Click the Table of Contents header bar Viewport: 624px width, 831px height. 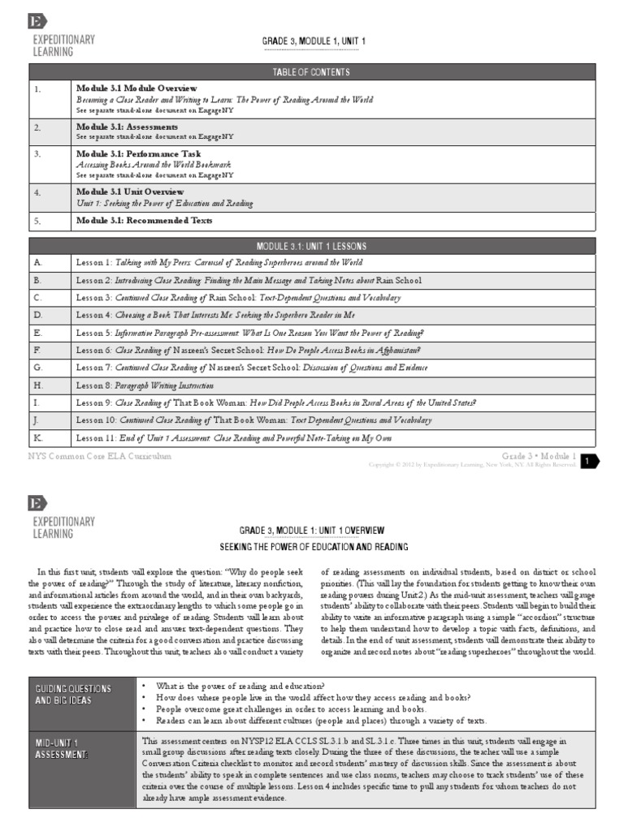click(312, 72)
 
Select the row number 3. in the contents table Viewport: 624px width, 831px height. click(37, 153)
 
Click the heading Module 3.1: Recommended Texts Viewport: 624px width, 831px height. click(145, 220)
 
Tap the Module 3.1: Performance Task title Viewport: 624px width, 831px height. click(138, 153)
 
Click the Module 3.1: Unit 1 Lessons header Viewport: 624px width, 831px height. click(312, 246)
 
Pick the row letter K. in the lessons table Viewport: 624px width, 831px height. click(37, 437)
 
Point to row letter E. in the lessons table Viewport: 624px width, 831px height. click(37, 333)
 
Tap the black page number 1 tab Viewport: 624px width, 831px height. click(588, 461)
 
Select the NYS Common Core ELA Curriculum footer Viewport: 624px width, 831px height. click(101, 457)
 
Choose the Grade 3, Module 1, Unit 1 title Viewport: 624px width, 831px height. click(314, 41)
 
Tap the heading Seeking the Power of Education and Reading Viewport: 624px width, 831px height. click(314, 547)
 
